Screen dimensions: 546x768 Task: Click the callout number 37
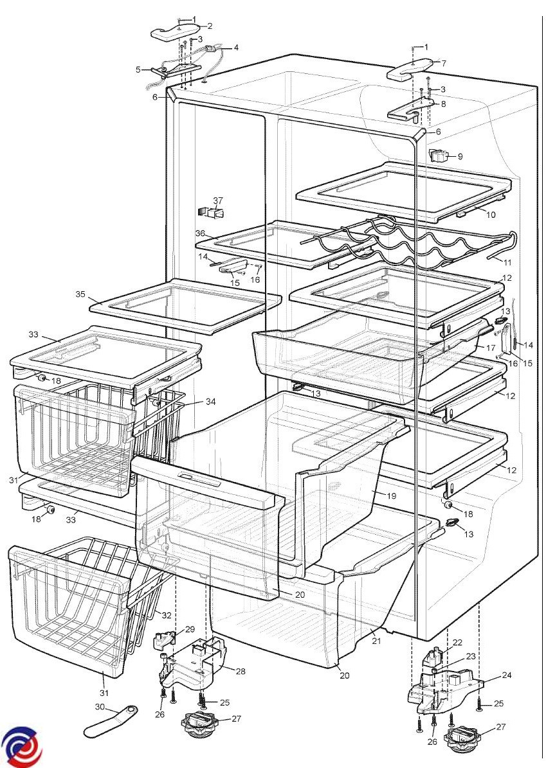218,201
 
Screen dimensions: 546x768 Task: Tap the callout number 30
100,707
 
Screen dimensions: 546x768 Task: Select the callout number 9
460,157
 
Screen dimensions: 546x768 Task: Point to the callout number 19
392,496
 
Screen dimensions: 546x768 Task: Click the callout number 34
211,402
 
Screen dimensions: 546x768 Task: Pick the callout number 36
200,234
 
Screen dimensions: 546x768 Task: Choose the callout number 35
80,294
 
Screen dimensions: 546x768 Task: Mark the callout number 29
190,630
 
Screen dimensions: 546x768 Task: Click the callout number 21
376,641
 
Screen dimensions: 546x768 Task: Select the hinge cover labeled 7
410,69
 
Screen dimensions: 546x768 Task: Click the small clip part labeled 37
211,213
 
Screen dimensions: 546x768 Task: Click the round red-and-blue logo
21,747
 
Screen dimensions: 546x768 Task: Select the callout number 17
491,348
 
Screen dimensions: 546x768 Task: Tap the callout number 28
240,672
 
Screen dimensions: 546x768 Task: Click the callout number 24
506,675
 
